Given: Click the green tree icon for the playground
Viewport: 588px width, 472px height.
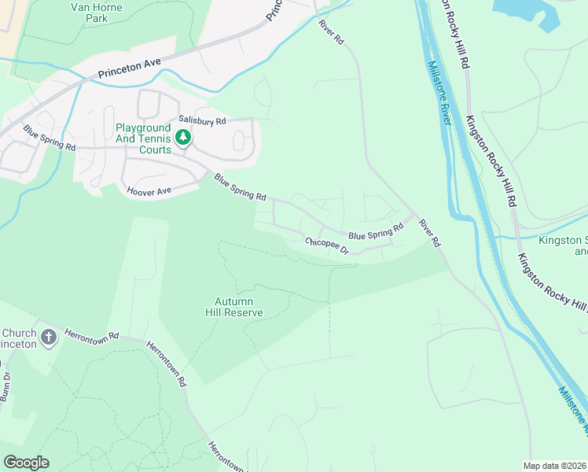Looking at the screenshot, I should tap(183, 138).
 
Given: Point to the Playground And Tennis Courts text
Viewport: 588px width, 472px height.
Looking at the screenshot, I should tap(143, 138).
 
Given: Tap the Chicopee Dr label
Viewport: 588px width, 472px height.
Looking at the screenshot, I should tap(327, 246).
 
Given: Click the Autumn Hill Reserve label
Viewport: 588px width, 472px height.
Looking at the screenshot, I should tap(239, 306).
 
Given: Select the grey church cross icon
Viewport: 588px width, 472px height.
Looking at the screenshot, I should tap(49, 338).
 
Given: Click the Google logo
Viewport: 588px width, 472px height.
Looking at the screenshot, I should tap(26, 462).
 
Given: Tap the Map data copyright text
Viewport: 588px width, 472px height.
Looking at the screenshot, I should tap(554, 466).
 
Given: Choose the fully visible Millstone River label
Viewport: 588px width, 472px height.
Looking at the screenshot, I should tap(438, 92).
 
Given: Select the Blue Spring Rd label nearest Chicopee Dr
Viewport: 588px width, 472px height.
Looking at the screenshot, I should tap(375, 232).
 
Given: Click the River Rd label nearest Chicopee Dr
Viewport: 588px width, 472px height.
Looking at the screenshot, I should tap(429, 233).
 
